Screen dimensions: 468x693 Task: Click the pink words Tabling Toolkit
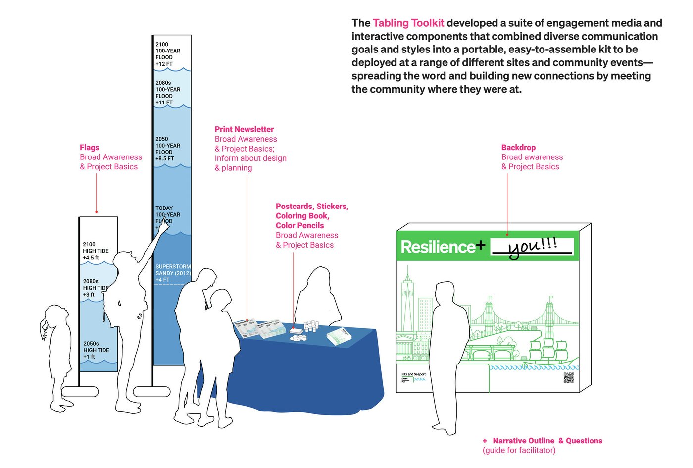click(x=408, y=23)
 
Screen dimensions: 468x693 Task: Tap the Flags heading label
click(x=90, y=147)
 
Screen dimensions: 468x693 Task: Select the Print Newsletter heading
click(x=244, y=129)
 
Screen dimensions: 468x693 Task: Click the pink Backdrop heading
click(x=518, y=147)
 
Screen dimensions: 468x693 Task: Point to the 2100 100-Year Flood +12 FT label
click(x=168, y=54)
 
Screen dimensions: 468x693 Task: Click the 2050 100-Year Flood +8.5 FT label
click(x=168, y=149)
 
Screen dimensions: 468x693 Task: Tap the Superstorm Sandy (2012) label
click(x=173, y=273)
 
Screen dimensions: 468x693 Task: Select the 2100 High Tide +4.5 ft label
click(x=96, y=251)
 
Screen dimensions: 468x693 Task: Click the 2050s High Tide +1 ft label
click(x=96, y=350)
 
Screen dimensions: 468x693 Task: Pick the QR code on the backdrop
click(x=568, y=378)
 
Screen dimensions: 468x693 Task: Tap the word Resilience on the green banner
click(x=438, y=247)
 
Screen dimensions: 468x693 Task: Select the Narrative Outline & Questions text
click(x=547, y=441)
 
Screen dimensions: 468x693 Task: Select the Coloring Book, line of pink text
click(x=302, y=216)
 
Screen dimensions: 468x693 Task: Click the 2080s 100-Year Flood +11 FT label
click(x=168, y=93)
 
